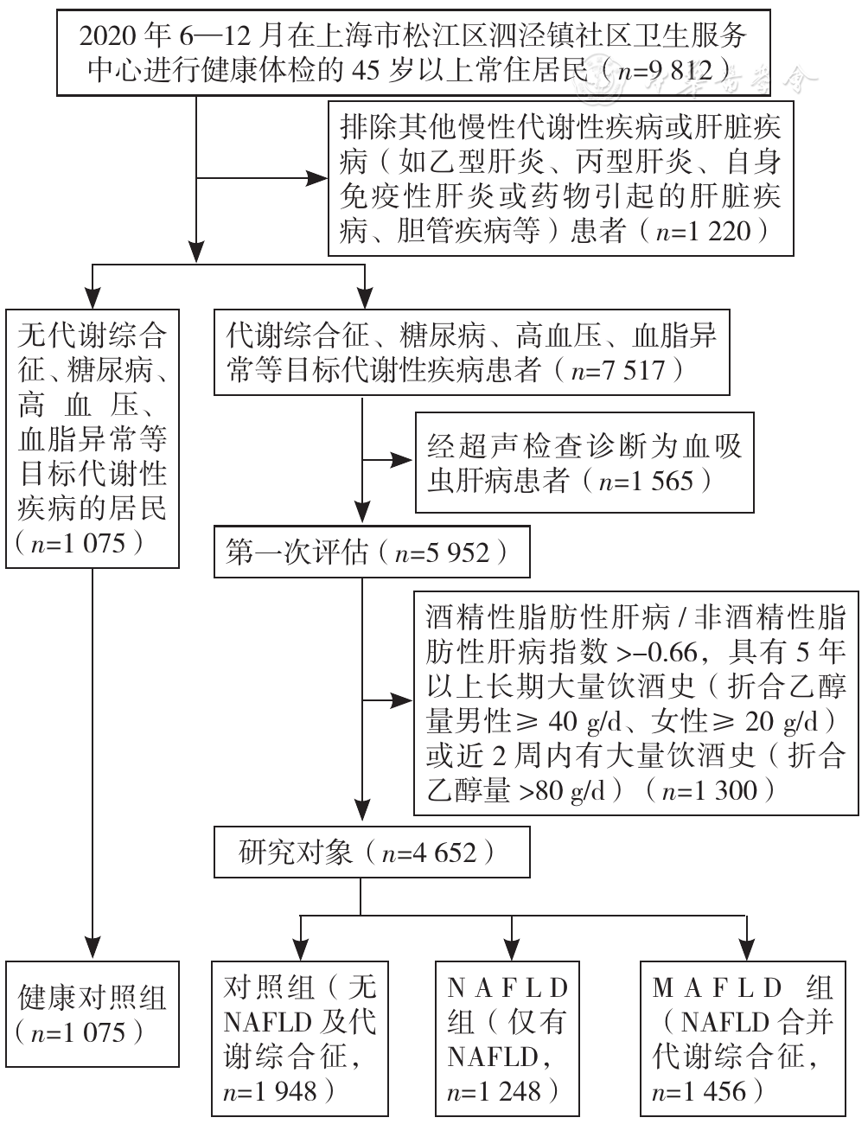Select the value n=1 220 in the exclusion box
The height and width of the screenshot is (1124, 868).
703,231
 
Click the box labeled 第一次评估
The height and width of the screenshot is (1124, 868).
372,552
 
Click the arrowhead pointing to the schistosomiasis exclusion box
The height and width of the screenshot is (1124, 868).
401,459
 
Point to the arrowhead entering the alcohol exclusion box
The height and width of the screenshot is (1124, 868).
401,701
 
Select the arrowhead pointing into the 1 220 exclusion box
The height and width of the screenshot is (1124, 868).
316,178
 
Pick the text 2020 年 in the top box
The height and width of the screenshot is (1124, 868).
125,36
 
